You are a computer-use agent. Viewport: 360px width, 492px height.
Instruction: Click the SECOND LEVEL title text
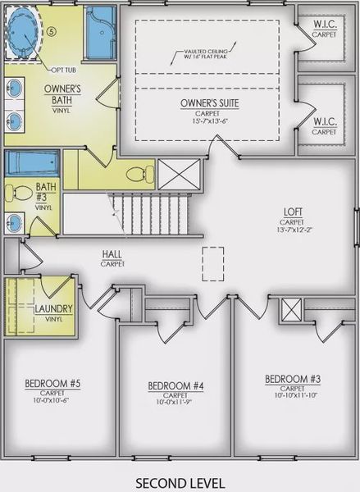click(x=180, y=481)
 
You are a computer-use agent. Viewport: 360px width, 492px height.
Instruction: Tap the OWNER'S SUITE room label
click(x=209, y=103)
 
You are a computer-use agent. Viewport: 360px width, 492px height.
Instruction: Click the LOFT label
click(x=292, y=211)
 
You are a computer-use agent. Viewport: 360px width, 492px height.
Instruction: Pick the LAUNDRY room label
click(x=32, y=308)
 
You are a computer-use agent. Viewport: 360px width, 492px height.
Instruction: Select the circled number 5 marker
click(x=51, y=31)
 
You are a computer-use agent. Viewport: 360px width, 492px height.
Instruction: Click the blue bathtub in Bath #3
click(x=32, y=162)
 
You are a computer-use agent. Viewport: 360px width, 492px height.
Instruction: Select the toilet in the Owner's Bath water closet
click(x=140, y=174)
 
